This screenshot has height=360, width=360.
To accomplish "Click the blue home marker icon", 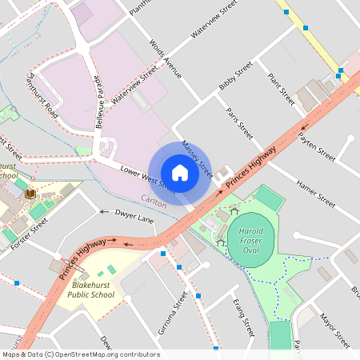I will tap(180, 173).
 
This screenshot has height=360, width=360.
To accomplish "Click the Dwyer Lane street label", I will tap(134, 217).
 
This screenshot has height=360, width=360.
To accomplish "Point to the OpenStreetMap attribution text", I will tap(81, 354).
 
